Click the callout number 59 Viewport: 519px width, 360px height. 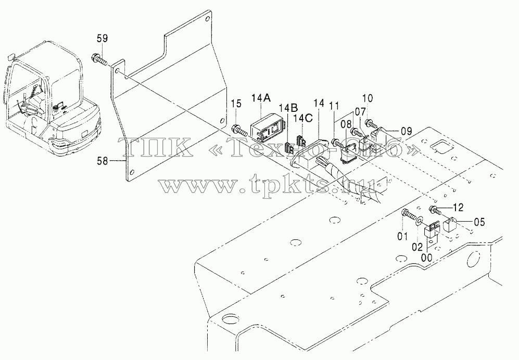pyautogui.click(x=102, y=38)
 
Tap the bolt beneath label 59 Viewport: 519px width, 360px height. pyautogui.click(x=99, y=59)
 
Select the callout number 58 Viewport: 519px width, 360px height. pyautogui.click(x=102, y=161)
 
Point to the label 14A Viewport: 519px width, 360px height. pyautogui.click(x=261, y=98)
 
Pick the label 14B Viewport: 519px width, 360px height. pyautogui.click(x=288, y=108)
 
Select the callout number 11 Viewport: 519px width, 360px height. pyautogui.click(x=334, y=106)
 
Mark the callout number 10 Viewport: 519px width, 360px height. pyautogui.click(x=367, y=98)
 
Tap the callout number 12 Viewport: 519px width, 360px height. pyautogui.click(x=459, y=208)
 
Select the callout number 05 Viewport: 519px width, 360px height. pyautogui.click(x=479, y=222)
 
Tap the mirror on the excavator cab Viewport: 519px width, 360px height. pyautogui.click(x=11, y=56)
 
